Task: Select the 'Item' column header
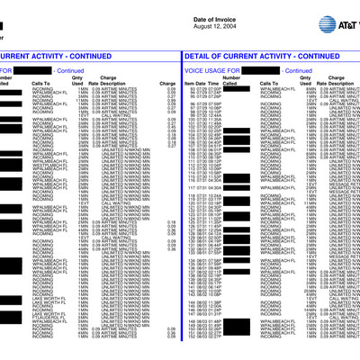[x=189, y=83]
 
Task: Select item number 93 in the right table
[x=191, y=89]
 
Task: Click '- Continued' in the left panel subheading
[x=68, y=69]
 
